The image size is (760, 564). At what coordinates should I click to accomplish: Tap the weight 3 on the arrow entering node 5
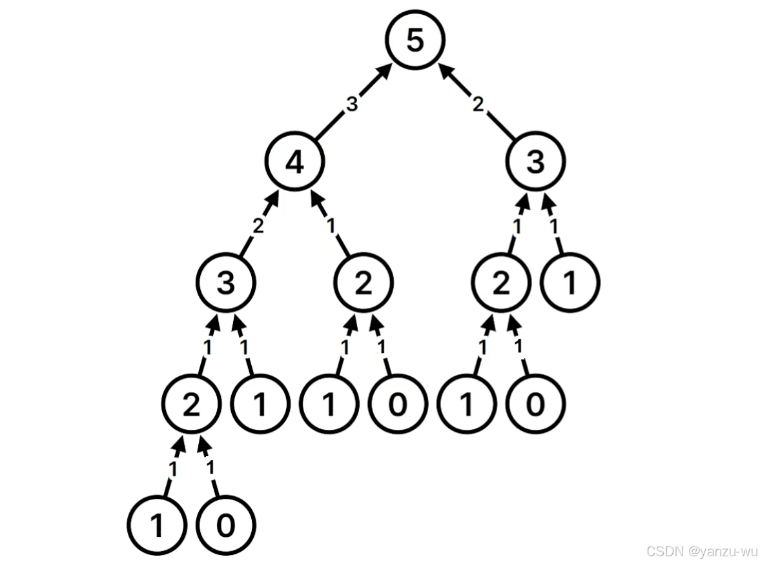351,105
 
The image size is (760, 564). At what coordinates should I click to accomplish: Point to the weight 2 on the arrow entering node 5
477,105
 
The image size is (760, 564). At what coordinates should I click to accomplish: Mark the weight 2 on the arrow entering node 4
258,226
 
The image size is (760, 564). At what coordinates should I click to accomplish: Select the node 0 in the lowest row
225,526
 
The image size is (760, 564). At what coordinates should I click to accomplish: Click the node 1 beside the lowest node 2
260,405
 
